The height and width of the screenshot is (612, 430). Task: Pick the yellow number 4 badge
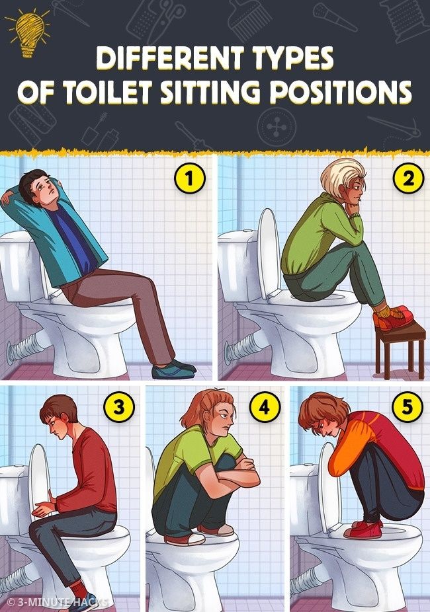pos(265,407)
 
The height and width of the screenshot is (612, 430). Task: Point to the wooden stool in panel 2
pos(400,347)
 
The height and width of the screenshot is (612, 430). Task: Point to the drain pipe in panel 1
pos(30,349)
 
